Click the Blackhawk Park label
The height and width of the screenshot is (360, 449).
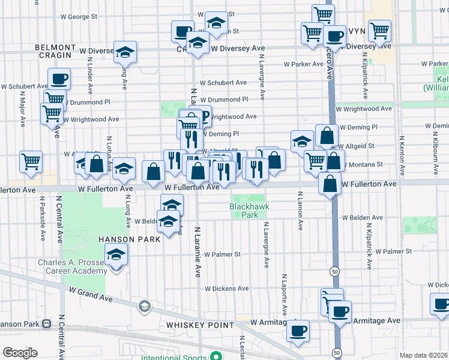(248, 210)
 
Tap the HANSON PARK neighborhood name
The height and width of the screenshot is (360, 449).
(130, 239)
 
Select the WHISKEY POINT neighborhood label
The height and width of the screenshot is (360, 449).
(200, 325)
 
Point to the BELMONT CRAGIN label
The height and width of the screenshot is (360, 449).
(56, 51)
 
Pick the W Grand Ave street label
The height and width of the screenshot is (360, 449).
(90, 294)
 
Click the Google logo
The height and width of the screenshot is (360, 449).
(20, 353)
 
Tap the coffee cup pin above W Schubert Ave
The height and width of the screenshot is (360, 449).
(59, 79)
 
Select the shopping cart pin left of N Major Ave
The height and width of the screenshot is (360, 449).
(31, 161)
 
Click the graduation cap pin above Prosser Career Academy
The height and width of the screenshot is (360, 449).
(116, 254)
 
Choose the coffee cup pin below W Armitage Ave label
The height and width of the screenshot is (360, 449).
(298, 330)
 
